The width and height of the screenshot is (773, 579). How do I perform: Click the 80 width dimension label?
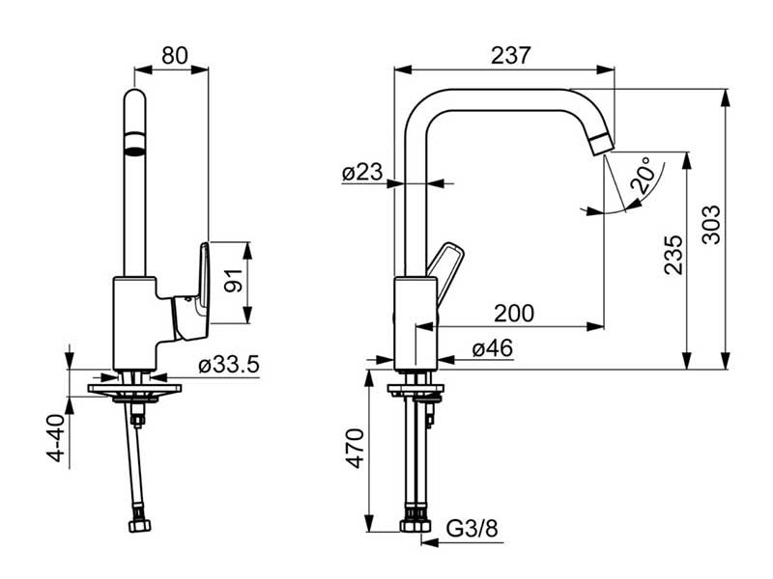pos(175,55)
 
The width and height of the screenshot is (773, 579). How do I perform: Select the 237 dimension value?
pos(510,55)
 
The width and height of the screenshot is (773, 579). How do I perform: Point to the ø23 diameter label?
pos(362,173)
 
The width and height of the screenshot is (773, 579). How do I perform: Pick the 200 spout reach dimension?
pos(514,313)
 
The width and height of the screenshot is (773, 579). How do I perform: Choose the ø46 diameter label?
pos(492,349)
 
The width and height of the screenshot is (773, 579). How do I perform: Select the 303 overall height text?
pos(711,225)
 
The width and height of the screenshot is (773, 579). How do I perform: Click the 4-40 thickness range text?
pos(57,439)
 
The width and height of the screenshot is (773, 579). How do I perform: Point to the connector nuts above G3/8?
pos(416,525)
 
